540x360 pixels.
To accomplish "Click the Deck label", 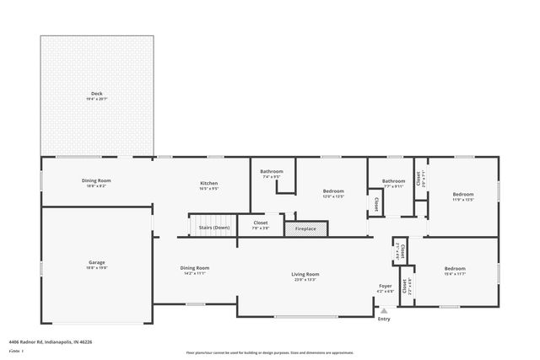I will (97, 93).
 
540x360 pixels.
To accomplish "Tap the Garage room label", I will (97, 262).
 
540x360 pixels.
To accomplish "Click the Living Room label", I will (305, 273).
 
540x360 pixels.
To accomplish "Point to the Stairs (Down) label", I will (213, 228).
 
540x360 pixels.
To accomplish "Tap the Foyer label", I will (385, 287).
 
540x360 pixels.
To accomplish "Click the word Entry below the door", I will (384, 319).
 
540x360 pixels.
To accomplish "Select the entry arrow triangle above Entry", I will (384, 310).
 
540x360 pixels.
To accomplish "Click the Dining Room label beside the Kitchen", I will (97, 180).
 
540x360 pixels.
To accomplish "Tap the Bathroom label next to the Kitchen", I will (272, 172).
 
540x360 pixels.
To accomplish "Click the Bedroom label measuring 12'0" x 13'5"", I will (333, 191).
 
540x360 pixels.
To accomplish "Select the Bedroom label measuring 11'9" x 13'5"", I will (463, 194).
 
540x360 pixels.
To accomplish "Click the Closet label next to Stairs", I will (260, 223).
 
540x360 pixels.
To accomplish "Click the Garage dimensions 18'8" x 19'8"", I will (97, 267).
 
